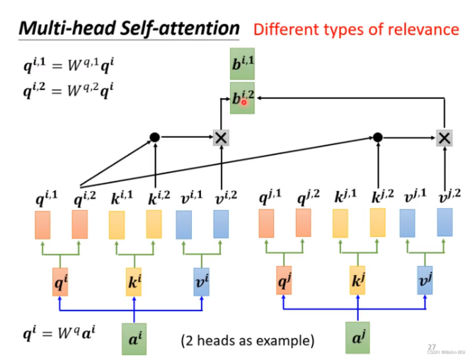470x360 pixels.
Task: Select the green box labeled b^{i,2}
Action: click(242, 98)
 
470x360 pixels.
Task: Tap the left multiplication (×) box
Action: click(222, 138)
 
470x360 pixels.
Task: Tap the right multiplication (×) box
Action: click(444, 138)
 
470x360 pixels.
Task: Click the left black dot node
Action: click(155, 137)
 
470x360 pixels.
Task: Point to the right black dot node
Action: click(377, 137)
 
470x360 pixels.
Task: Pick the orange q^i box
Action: click(59, 281)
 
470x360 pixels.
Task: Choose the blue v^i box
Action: click(203, 281)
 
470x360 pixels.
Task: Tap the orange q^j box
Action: click(283, 281)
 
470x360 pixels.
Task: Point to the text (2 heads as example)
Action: click(248, 340)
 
